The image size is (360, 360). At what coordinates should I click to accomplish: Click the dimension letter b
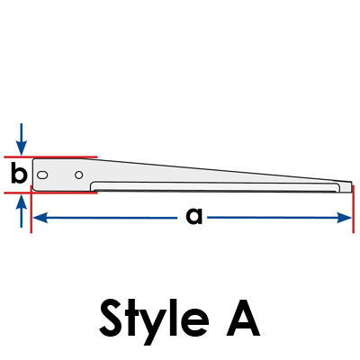pos(19,173)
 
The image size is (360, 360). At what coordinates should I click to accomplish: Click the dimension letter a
pos(194,217)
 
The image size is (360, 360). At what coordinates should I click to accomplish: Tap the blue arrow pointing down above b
pos(21,139)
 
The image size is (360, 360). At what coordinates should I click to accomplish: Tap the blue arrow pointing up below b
pos(21,211)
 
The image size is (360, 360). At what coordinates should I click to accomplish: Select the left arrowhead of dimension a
pos(40,218)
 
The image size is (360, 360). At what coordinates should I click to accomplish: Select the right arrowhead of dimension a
pos(344,218)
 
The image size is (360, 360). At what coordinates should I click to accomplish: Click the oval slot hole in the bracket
pos(42,175)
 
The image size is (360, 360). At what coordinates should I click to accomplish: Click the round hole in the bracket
pos(79,175)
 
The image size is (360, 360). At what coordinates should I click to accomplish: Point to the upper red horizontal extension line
pos(50,157)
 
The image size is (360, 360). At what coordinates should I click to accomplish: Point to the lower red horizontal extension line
pos(50,193)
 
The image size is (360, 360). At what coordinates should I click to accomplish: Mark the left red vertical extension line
pos(31,209)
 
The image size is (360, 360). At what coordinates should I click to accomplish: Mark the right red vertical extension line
pos(353,209)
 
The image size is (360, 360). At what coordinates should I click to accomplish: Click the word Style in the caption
pos(154,322)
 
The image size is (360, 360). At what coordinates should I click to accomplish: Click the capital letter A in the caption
pos(243,318)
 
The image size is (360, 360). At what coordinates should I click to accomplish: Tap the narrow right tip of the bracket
pos(351,186)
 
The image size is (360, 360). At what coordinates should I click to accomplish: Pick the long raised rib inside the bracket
pos(215,186)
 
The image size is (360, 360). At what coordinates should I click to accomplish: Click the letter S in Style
pos(111,318)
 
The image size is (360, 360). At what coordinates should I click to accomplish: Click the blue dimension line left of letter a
pos(105,218)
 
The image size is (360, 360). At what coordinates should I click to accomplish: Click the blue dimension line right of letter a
pos(279,218)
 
